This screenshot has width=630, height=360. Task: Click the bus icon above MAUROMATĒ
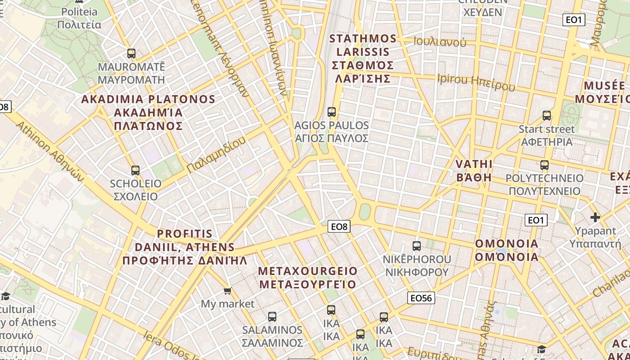[x=131, y=54]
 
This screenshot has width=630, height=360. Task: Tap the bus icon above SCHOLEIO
[x=135, y=171]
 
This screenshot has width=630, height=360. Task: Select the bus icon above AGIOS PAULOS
[x=332, y=112]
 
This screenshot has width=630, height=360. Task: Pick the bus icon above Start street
[x=547, y=116]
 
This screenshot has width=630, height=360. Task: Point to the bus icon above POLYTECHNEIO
[x=544, y=165]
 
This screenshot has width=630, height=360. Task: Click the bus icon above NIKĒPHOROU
[x=417, y=246]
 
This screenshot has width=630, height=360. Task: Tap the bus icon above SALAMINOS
[x=272, y=317]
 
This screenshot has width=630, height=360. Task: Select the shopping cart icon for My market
[x=228, y=291]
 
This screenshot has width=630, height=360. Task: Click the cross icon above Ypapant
[x=595, y=218]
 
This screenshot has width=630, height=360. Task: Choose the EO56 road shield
[x=421, y=298]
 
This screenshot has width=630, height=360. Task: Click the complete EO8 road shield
[x=339, y=227]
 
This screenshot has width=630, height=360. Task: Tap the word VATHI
[x=474, y=164]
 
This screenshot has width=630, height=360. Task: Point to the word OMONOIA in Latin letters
[x=507, y=244]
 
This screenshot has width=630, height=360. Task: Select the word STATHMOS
[x=363, y=39]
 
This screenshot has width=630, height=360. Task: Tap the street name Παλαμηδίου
[x=216, y=154]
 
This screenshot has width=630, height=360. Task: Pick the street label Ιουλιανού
[x=440, y=42]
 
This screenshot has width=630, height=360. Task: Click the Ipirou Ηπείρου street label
[x=476, y=82]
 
